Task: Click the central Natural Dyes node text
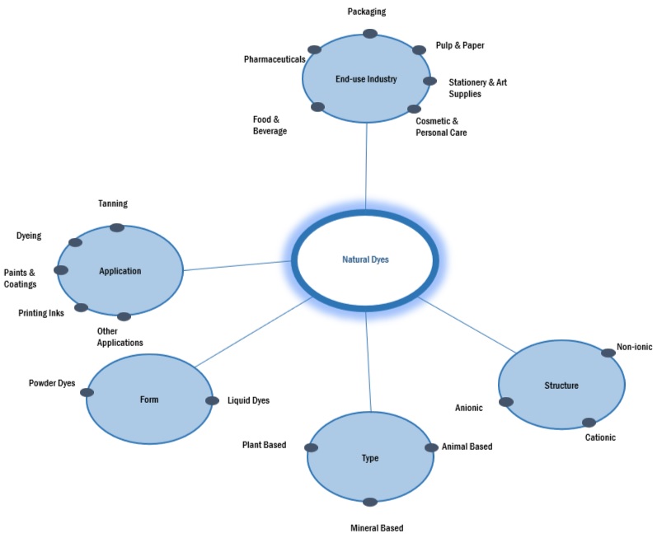pyautogui.click(x=365, y=260)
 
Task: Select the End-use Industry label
pyautogui.click(x=366, y=80)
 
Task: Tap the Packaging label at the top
pyautogui.click(x=367, y=12)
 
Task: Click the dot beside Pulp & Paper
pyautogui.click(x=419, y=49)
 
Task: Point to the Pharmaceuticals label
pyautogui.click(x=275, y=59)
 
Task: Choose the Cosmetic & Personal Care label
pyautogui.click(x=441, y=126)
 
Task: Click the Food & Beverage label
pyautogui.click(x=270, y=125)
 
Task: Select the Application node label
pyautogui.click(x=120, y=270)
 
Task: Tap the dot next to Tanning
pyautogui.click(x=117, y=227)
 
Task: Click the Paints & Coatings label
pyautogui.click(x=21, y=278)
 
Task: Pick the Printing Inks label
pyautogui.click(x=41, y=313)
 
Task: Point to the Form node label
pyautogui.click(x=149, y=400)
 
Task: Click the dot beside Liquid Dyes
pyautogui.click(x=212, y=400)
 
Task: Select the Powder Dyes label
pyautogui.click(x=52, y=383)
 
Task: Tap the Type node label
pyautogui.click(x=370, y=458)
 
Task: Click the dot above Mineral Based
pyautogui.click(x=370, y=502)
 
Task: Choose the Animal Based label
pyautogui.click(x=467, y=447)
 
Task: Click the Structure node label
pyautogui.click(x=561, y=386)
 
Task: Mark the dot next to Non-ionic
pyautogui.click(x=608, y=353)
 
